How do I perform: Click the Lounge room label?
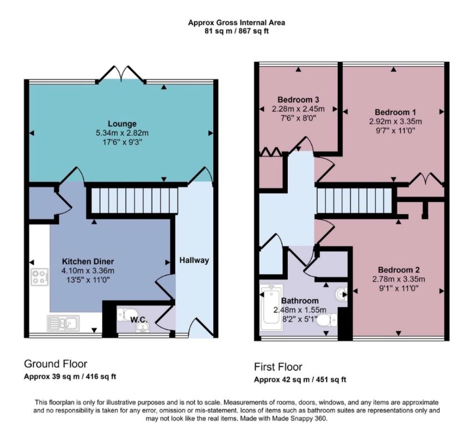(x=122, y=123)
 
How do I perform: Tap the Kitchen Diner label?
(x=88, y=261)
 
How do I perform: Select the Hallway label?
(x=194, y=260)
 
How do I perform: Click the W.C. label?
(x=139, y=320)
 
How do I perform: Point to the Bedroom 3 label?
(x=298, y=100)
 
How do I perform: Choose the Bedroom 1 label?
(x=395, y=112)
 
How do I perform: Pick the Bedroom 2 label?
(x=399, y=270)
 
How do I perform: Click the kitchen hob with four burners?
(x=39, y=277)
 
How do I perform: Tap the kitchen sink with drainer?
(x=63, y=323)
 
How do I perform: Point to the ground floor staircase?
(x=134, y=201)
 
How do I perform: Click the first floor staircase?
(x=355, y=201)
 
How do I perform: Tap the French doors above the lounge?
(x=122, y=73)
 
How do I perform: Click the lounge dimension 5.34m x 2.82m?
(x=122, y=133)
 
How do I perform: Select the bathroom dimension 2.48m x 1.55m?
(x=300, y=310)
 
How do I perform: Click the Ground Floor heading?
(x=56, y=364)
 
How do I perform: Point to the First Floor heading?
(x=278, y=367)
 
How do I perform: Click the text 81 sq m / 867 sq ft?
(x=237, y=31)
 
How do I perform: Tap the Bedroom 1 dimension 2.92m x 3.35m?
(x=395, y=121)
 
